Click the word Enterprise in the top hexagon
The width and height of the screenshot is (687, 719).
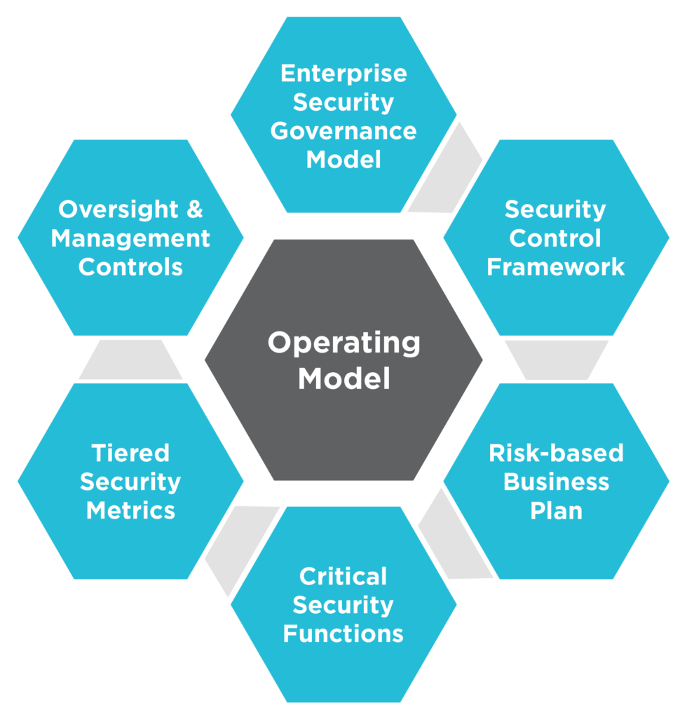[x=343, y=73]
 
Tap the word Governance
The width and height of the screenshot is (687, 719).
[x=343, y=131]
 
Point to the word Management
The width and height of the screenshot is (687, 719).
[x=130, y=238]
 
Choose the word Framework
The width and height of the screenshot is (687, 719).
[x=556, y=267]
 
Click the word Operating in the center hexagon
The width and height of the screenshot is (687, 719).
[x=343, y=343]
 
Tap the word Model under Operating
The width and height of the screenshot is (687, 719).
[x=343, y=379]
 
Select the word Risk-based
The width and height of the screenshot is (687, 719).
[x=556, y=453]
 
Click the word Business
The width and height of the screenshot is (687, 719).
[x=556, y=482]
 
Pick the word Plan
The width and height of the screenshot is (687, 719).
[x=556, y=511]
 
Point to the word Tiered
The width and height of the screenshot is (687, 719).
[x=130, y=453]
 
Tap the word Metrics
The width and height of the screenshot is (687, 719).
[x=130, y=511]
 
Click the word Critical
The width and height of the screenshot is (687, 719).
[x=343, y=576]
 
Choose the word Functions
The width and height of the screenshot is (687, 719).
[x=343, y=634]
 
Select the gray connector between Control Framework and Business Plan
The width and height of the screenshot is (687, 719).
[x=557, y=359]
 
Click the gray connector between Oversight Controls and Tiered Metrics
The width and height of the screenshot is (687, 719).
[x=130, y=359]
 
